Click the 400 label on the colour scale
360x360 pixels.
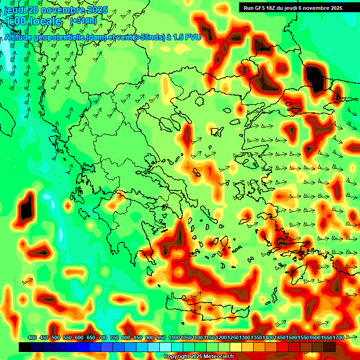pyautogui.click(x=32, y=337)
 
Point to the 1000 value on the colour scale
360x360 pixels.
pyautogui.click(x=174, y=337)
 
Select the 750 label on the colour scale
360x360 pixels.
pyautogui.click(x=114, y=337)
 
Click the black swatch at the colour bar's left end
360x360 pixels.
pyautogui.click(x=25, y=347)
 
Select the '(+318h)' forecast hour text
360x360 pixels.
pyautogui.click(x=84, y=21)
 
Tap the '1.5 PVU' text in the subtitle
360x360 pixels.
pyautogui.click(x=187, y=37)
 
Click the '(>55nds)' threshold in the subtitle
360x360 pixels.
pyautogui.click(x=146, y=37)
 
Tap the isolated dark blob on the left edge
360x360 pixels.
pyautogui.click(x=26, y=207)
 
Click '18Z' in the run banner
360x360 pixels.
pyautogui.click(x=274, y=8)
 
